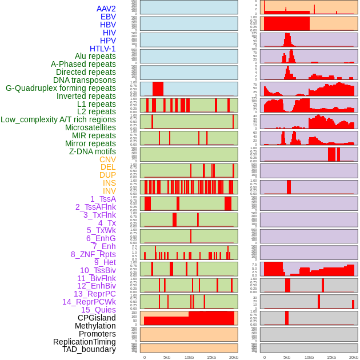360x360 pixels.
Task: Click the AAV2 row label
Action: tap(106, 9)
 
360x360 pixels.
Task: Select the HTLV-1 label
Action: tap(103, 49)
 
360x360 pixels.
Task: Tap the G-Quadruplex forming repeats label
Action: tap(61, 88)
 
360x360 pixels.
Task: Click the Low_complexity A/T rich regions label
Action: tap(58, 119)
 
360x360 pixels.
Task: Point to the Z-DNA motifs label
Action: tap(93, 151)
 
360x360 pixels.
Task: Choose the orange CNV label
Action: tap(107, 159)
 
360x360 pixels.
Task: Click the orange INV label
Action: tap(109, 191)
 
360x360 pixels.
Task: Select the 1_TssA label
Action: tap(103, 199)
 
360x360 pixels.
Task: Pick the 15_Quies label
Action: tap(98, 310)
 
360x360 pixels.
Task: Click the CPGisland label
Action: tap(97, 318)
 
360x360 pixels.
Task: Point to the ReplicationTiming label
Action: tap(85, 342)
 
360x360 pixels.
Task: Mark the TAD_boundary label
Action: tap(89, 349)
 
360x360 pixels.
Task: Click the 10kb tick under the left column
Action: tap(189, 357)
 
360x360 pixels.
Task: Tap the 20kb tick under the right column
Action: tap(354, 357)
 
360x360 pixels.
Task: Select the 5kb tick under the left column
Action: tap(167, 357)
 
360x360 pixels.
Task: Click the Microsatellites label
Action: tap(90, 127)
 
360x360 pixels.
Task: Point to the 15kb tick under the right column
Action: tap(331, 357)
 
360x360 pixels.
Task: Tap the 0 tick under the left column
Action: tap(145, 357)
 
